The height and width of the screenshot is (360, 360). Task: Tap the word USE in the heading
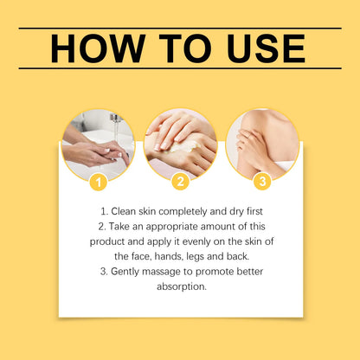[x=259, y=48]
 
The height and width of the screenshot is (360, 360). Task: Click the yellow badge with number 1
[x=98, y=182]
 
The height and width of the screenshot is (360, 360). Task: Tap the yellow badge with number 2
[x=180, y=182]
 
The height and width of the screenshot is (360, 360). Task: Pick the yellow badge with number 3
[x=262, y=182]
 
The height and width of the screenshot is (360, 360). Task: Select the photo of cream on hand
[x=180, y=143]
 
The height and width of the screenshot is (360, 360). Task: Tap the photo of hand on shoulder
[x=262, y=143]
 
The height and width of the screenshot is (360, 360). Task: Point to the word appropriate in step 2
[x=170, y=225]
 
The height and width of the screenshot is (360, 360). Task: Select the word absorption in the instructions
[x=180, y=287]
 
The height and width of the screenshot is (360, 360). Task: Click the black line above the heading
[x=180, y=29]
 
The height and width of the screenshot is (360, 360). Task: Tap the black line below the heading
[x=180, y=68]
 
